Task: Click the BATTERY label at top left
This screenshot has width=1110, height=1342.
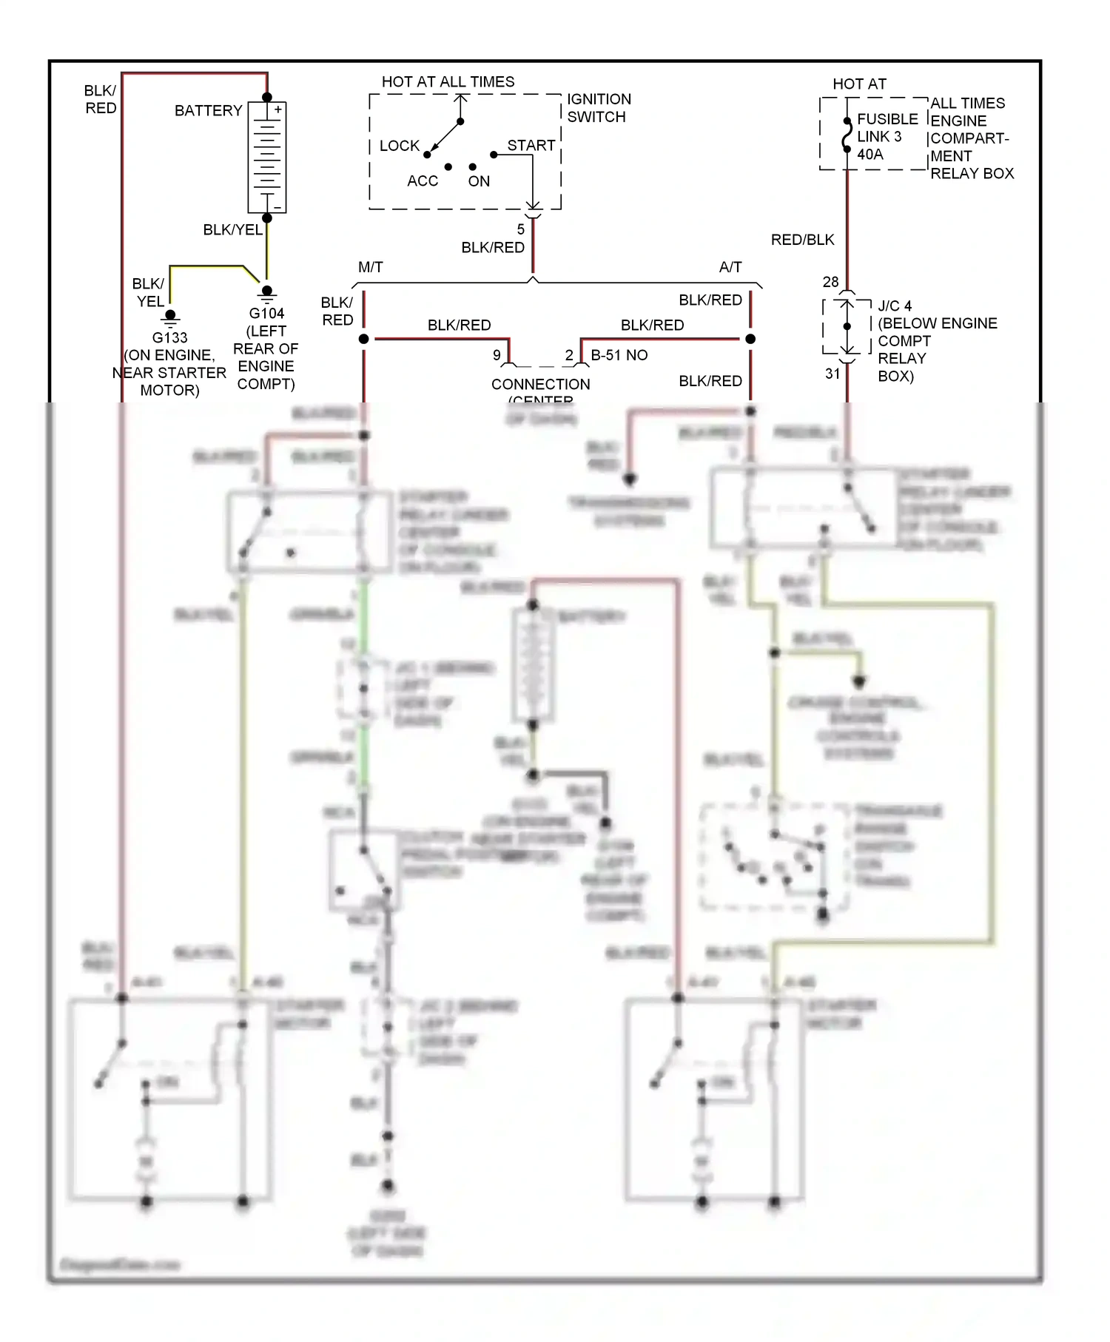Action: tap(208, 111)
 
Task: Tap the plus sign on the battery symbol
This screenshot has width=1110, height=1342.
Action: tap(278, 109)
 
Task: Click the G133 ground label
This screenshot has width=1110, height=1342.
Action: tap(169, 337)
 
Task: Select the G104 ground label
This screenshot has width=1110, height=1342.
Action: tap(266, 313)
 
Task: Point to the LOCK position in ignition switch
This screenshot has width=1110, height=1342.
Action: tap(399, 146)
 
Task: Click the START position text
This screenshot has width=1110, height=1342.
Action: tap(531, 145)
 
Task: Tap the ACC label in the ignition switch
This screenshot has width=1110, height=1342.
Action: tap(422, 181)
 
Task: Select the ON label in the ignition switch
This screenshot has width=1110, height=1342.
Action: tap(479, 181)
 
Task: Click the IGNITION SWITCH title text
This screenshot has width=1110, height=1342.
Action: tap(599, 108)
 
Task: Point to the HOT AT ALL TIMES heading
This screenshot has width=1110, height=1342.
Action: tap(448, 82)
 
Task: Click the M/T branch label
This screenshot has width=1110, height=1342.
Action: tap(370, 267)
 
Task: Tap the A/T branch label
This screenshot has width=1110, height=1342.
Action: tap(730, 267)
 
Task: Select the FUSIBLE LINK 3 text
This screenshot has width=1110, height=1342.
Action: tap(887, 127)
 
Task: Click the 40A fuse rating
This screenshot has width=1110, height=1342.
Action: tap(869, 155)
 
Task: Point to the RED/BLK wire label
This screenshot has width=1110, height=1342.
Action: tap(802, 240)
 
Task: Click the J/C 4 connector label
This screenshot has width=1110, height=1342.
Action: tap(895, 306)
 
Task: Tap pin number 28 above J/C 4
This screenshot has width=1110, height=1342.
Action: tap(830, 282)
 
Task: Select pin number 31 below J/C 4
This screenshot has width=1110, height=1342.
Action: tap(832, 374)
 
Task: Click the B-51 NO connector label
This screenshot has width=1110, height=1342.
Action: tap(619, 355)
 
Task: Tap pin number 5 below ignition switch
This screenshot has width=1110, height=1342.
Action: tap(520, 229)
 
